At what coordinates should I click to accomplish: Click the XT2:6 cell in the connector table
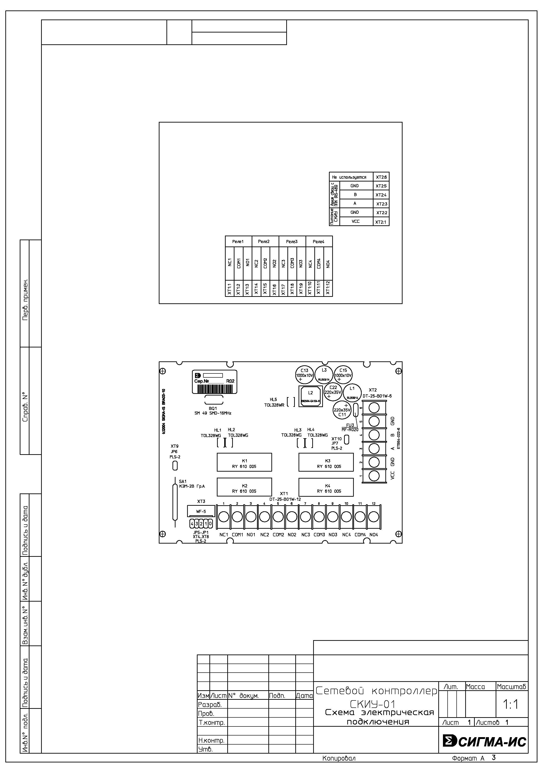click(381, 177)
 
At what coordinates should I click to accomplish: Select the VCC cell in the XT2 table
click(356, 221)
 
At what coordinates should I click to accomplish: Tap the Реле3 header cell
click(292, 242)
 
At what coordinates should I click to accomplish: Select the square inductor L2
click(311, 396)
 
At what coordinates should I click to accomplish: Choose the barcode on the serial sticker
click(214, 389)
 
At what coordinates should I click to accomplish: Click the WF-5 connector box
click(201, 511)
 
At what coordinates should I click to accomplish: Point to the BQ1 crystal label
click(213, 408)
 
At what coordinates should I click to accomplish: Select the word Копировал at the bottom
click(339, 758)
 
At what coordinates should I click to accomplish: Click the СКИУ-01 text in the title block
click(373, 704)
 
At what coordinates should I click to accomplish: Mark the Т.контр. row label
click(211, 723)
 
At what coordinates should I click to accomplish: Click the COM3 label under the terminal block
click(319, 535)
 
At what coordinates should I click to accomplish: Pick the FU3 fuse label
click(350, 425)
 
